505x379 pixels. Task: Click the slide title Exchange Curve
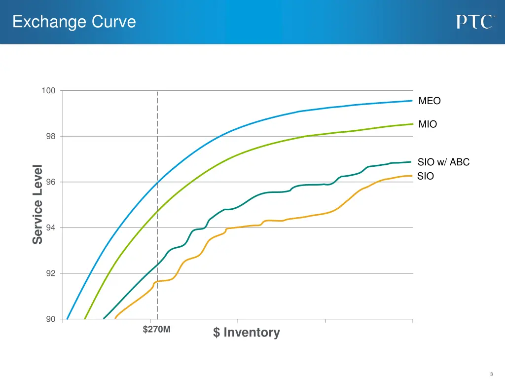tap(74, 22)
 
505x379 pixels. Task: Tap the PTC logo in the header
tap(474, 22)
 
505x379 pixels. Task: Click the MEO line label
tap(429, 101)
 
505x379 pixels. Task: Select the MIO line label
tap(428, 124)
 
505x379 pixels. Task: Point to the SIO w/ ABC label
tap(443, 162)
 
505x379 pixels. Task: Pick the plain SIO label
tap(426, 176)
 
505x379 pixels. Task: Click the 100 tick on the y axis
tap(48, 91)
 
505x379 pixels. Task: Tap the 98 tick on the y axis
tap(50, 136)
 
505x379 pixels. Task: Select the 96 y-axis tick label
tap(50, 182)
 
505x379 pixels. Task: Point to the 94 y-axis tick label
tap(50, 228)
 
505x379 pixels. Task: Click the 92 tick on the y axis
tap(50, 273)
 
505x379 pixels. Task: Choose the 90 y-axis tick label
tap(50, 319)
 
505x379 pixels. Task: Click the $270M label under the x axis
tap(156, 330)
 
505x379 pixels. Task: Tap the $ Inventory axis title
tap(246, 333)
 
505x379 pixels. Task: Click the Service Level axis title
tap(37, 204)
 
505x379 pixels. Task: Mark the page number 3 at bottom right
tap(492, 374)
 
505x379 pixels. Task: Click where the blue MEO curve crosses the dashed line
tap(157, 183)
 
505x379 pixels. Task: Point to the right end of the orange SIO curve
tap(412, 176)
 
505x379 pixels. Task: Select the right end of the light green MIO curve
tap(412, 124)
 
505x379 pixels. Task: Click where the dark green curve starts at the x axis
tap(104, 319)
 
